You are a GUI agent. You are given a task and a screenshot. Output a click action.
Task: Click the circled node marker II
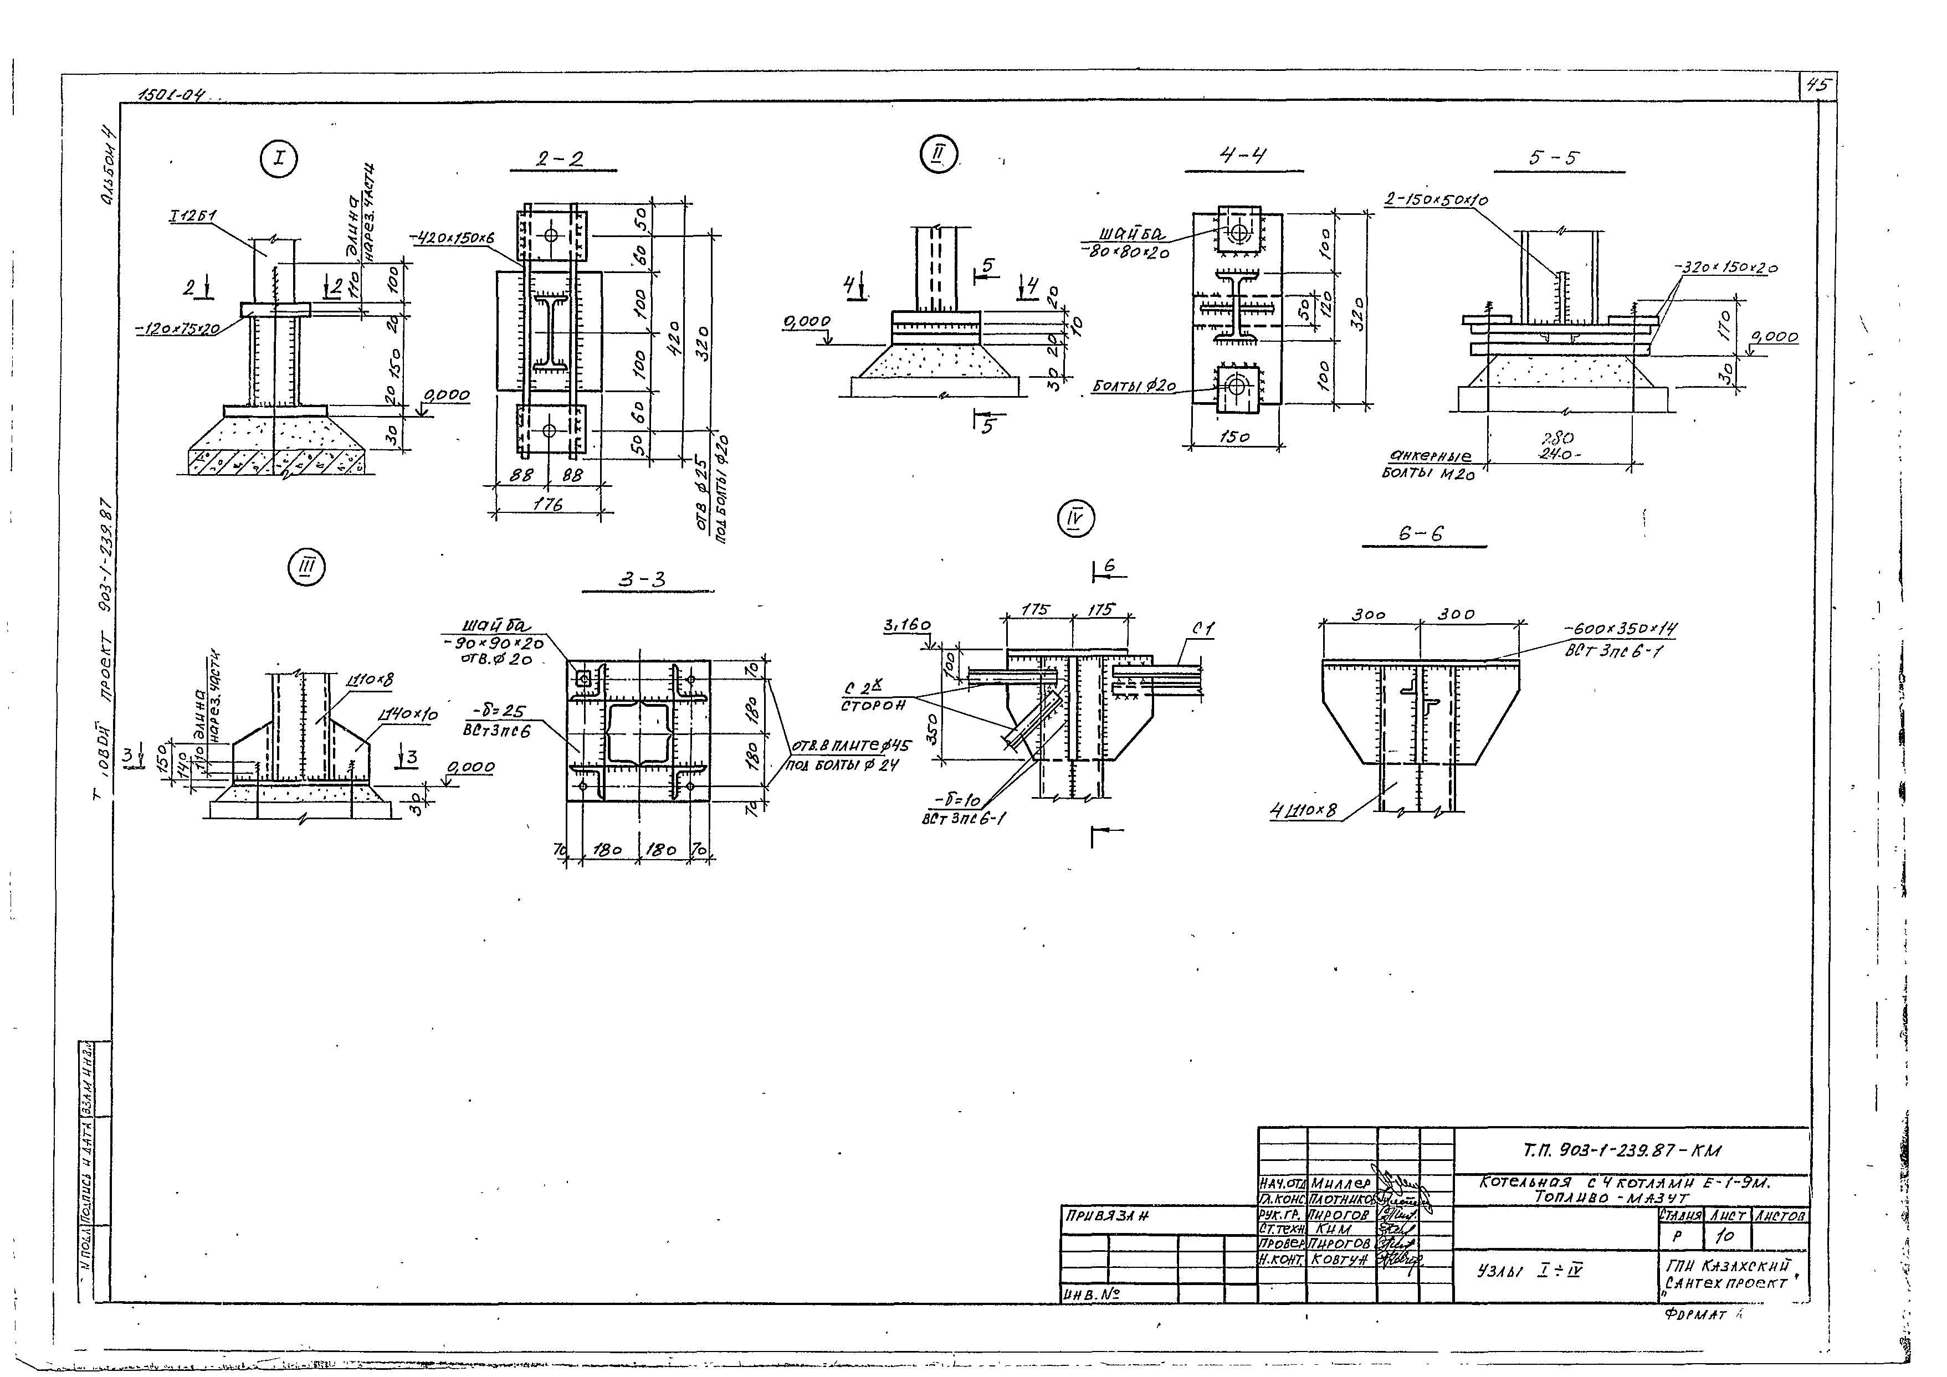click(938, 155)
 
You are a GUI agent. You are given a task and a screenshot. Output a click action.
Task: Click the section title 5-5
click(1554, 158)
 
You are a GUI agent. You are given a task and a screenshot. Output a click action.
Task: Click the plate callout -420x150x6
click(454, 239)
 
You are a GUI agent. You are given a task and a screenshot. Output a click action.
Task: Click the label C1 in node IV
click(1202, 630)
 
